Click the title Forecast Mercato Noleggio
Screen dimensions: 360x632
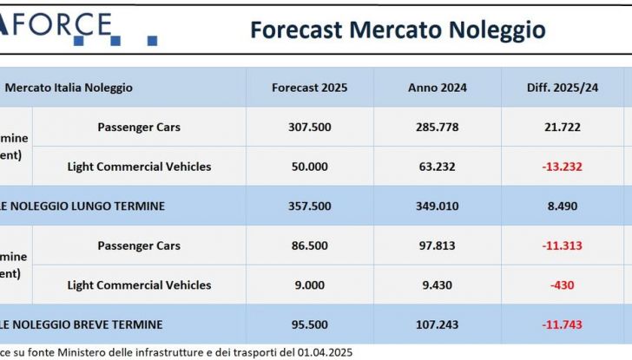click(398, 29)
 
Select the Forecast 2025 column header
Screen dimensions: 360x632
click(309, 88)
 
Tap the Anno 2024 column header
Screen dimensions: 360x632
click(437, 88)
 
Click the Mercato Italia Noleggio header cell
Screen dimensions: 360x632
click(69, 88)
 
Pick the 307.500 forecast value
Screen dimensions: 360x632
click(309, 127)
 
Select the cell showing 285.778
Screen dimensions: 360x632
click(437, 127)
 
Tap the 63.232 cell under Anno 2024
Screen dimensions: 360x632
click(437, 167)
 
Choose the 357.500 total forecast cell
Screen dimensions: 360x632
click(309, 206)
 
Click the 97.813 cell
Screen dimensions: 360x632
click(437, 245)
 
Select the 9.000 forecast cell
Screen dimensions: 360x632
click(309, 285)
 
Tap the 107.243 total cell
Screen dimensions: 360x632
click(437, 324)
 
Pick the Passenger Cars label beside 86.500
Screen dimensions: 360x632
click(139, 245)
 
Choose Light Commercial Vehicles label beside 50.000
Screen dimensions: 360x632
click(139, 167)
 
